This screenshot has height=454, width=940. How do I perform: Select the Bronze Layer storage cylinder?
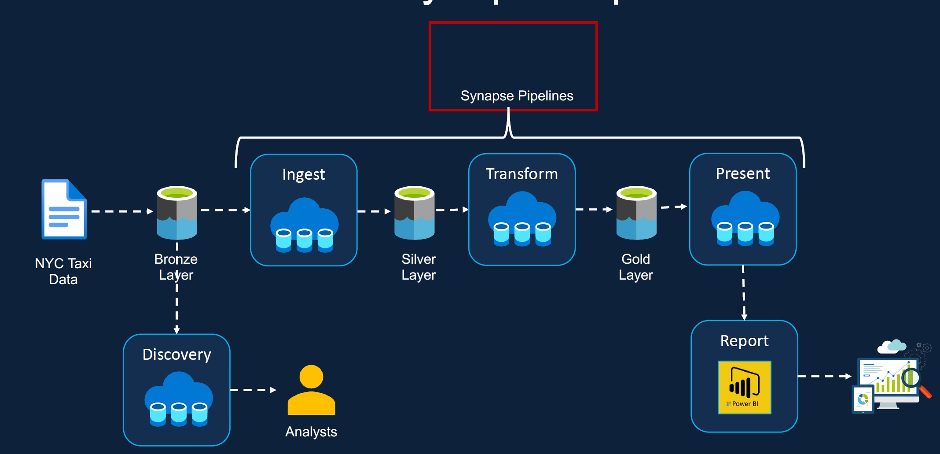pos(177,213)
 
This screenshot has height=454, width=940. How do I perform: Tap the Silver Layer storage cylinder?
pos(415,213)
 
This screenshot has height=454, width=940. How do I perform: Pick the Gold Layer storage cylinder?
pos(636,213)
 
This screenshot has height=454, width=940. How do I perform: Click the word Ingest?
pos(304,174)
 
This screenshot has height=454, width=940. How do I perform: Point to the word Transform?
pos(522,174)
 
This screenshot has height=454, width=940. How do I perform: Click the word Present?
pos(743,173)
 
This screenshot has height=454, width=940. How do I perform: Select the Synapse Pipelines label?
pos(517,96)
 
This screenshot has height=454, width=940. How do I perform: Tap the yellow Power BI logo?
pos(745,387)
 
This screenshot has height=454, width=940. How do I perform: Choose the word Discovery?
pos(177,354)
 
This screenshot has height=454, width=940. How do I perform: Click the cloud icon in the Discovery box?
pos(179,399)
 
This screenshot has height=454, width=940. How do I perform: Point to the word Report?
pos(744,341)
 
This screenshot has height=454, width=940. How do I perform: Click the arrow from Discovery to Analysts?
pos(253,390)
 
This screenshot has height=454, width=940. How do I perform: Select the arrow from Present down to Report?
pos(744,292)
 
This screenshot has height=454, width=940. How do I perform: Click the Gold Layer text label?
pos(635,267)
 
